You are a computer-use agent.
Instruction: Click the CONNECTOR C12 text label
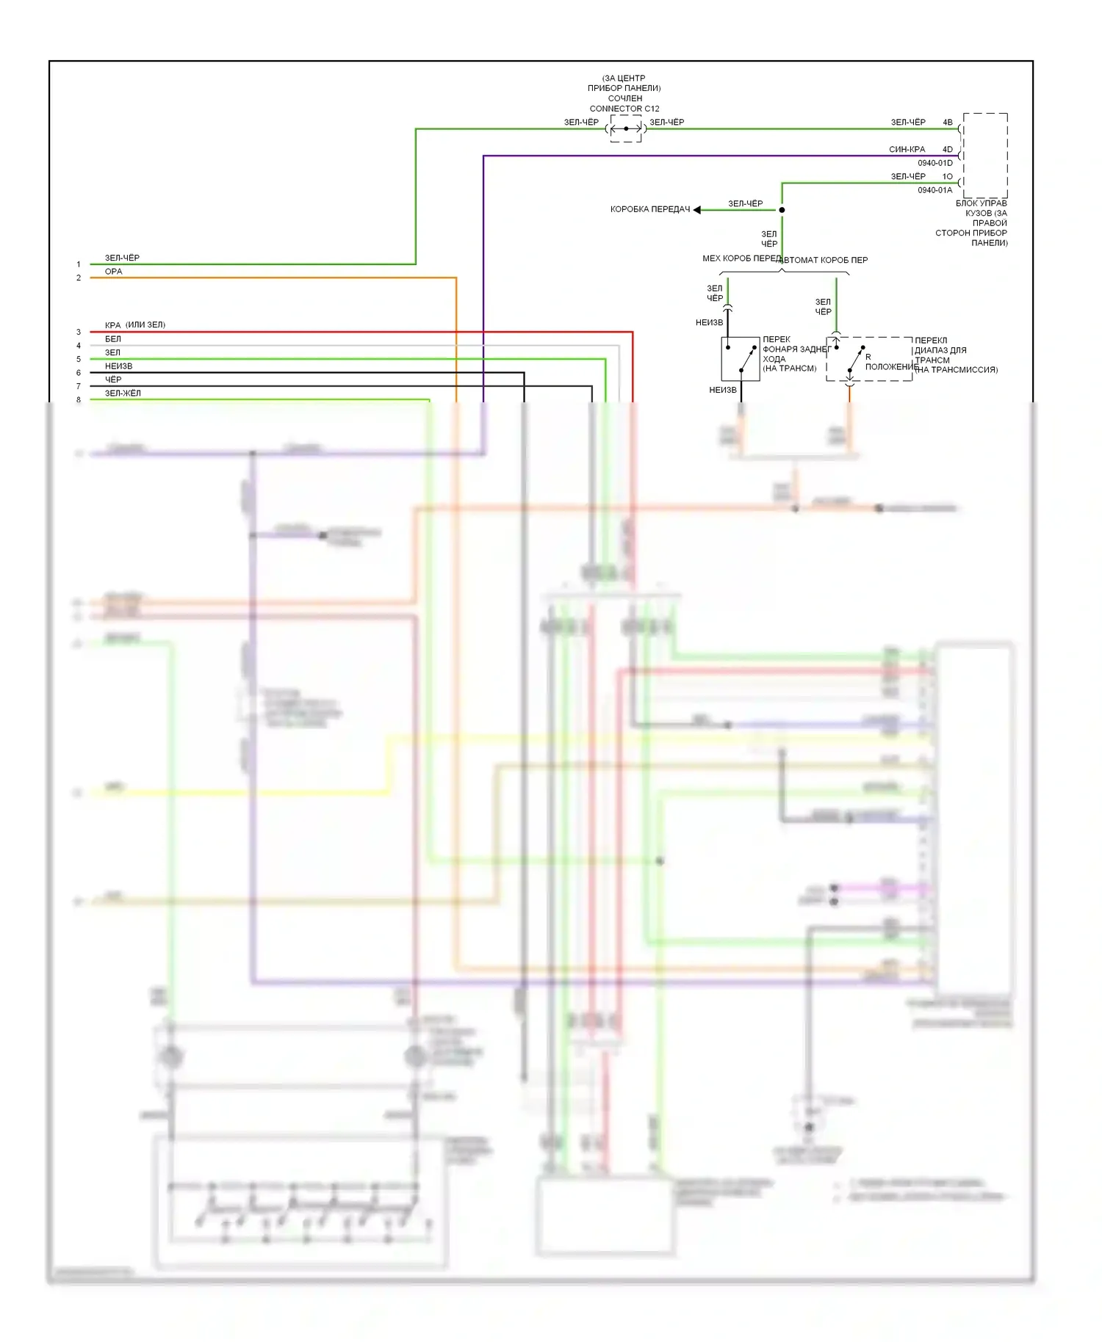click(624, 109)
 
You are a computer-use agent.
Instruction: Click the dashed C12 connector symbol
click(626, 128)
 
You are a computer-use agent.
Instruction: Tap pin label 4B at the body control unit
click(948, 123)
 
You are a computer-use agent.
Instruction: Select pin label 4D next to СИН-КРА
click(948, 150)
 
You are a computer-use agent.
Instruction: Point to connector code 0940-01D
click(934, 163)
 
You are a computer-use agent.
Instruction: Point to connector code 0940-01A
click(934, 190)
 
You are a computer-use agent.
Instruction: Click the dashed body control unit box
click(985, 155)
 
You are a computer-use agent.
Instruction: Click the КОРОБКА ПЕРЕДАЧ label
click(650, 210)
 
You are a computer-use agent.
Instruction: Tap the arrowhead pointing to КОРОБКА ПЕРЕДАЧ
click(697, 210)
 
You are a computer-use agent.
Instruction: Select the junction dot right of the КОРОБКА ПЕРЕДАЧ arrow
click(782, 210)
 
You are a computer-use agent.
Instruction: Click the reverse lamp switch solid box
click(740, 359)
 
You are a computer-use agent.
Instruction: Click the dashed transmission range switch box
click(869, 359)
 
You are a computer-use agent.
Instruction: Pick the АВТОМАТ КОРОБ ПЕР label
click(824, 260)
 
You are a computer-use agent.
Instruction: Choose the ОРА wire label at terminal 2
click(114, 272)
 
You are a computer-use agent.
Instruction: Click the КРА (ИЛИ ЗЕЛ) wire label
click(135, 325)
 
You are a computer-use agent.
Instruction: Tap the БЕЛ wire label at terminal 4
click(113, 339)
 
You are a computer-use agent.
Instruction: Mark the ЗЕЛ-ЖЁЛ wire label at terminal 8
click(123, 393)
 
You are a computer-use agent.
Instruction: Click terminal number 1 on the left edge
click(79, 264)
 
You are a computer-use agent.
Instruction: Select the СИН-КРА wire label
click(907, 150)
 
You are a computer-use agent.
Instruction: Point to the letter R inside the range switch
click(868, 358)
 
